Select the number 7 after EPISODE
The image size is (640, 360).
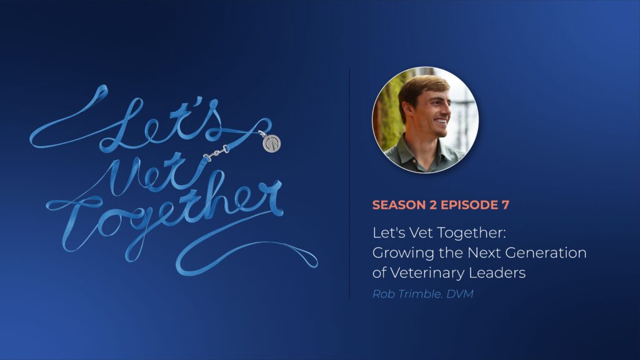(x=506, y=205)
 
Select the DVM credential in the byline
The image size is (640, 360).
(x=460, y=294)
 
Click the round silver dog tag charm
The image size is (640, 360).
(x=271, y=143)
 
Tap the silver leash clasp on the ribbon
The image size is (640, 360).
(x=216, y=153)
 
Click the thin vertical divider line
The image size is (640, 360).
(x=349, y=184)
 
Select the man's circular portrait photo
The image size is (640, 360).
(x=425, y=119)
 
